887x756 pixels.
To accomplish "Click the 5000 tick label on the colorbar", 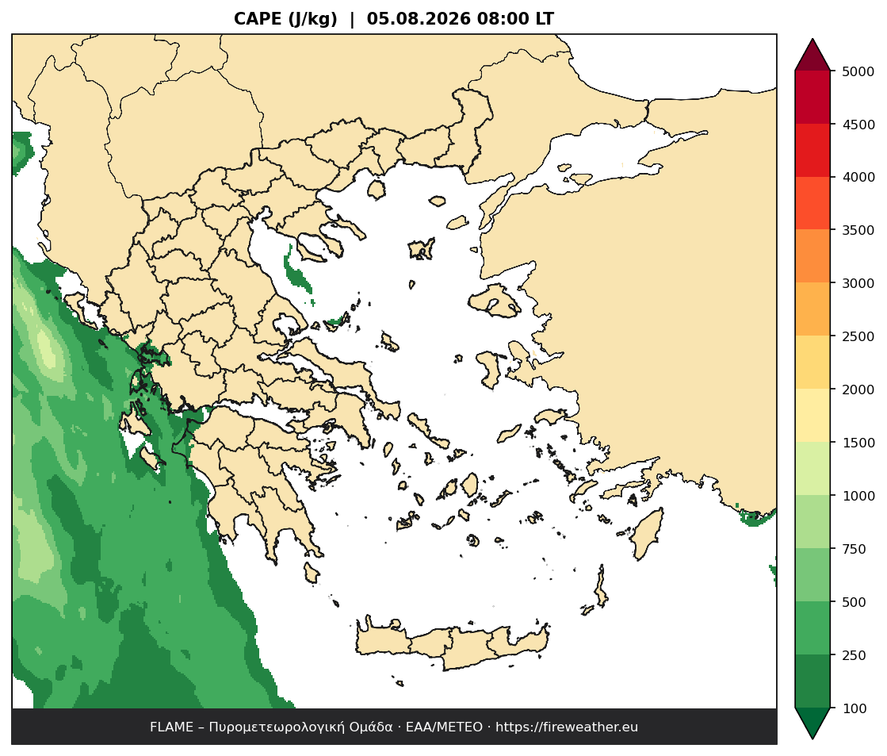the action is [x=858, y=71].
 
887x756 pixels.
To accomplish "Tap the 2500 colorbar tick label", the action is [x=858, y=336].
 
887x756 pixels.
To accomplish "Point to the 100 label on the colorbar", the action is [x=855, y=708].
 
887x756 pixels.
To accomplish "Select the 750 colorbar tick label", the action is [x=855, y=549].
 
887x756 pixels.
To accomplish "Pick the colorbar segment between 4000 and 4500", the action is [x=812, y=150].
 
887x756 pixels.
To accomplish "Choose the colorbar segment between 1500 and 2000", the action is [x=812, y=416].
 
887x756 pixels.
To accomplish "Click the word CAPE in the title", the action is [x=258, y=19].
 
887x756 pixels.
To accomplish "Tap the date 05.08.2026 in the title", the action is [x=419, y=19].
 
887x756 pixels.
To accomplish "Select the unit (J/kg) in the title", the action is [x=313, y=19].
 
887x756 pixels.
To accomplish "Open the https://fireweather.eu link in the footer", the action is [x=567, y=727].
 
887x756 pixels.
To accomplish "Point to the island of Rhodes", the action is [x=647, y=534].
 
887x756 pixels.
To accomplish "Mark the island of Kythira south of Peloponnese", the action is [x=311, y=573].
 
